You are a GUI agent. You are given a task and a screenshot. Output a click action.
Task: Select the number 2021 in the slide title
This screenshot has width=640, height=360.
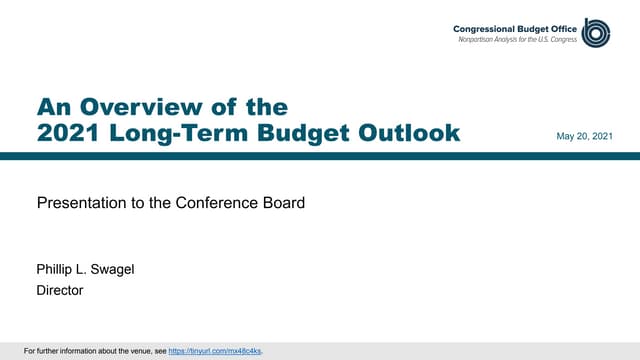pyautogui.click(x=68, y=133)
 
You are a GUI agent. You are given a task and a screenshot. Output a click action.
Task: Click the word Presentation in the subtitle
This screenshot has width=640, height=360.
pyautogui.click(x=77, y=203)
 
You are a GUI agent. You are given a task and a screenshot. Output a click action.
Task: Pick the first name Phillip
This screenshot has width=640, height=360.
pyautogui.click(x=57, y=270)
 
